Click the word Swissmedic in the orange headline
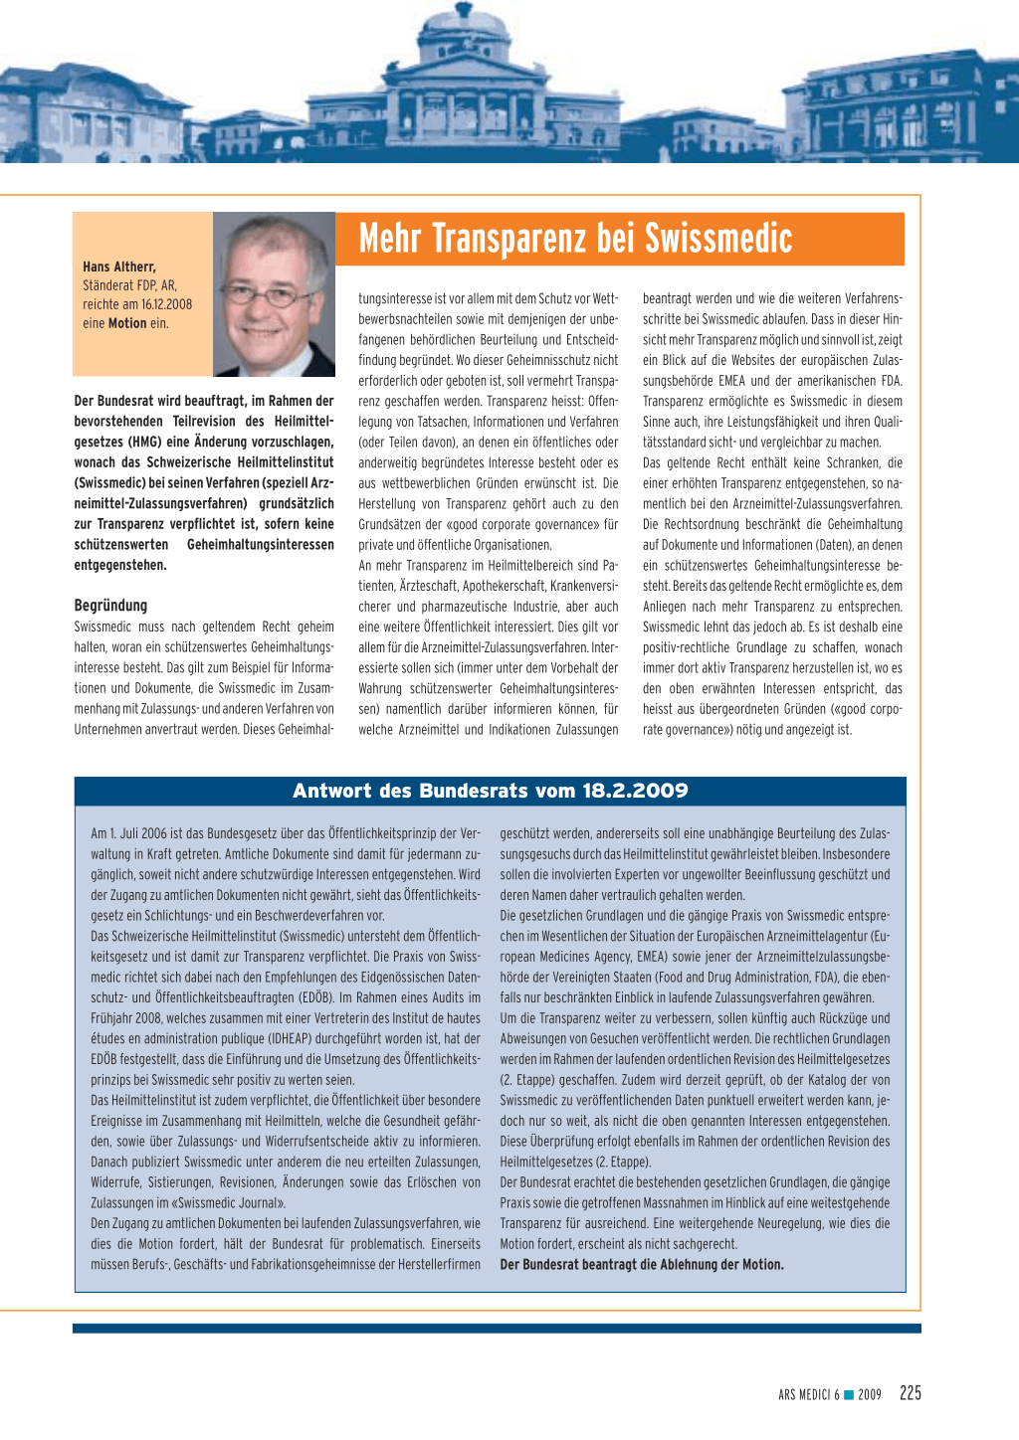pyautogui.click(x=718, y=239)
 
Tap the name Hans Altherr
pyautogui.click(x=119, y=267)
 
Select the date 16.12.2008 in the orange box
pyautogui.click(x=166, y=304)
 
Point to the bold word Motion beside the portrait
pyautogui.click(x=127, y=323)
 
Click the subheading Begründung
pyautogui.click(x=110, y=605)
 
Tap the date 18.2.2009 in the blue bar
pyautogui.click(x=635, y=791)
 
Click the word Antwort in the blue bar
pyautogui.click(x=332, y=791)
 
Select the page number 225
pyautogui.click(x=910, y=1393)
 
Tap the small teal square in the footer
pyautogui.click(x=849, y=1394)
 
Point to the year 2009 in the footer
pyautogui.click(x=870, y=1395)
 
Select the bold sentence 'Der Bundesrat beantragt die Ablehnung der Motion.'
pyautogui.click(x=642, y=1265)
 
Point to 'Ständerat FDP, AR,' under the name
pyautogui.click(x=129, y=285)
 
